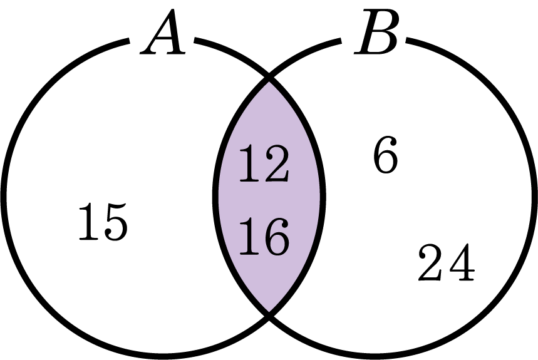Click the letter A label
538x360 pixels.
(x=163, y=32)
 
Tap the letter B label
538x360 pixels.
(x=376, y=32)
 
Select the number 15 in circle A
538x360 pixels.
(x=103, y=221)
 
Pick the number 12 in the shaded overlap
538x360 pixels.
(x=264, y=163)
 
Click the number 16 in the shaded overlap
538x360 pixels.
(x=264, y=237)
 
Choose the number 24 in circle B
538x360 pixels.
(x=447, y=262)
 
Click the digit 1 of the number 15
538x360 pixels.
(x=88, y=221)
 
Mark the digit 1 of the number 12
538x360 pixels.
(x=249, y=163)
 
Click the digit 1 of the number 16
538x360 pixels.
(x=249, y=237)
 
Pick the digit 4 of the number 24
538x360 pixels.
(x=462, y=262)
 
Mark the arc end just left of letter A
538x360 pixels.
(x=129, y=41)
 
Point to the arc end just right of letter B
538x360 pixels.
(x=406, y=40)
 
